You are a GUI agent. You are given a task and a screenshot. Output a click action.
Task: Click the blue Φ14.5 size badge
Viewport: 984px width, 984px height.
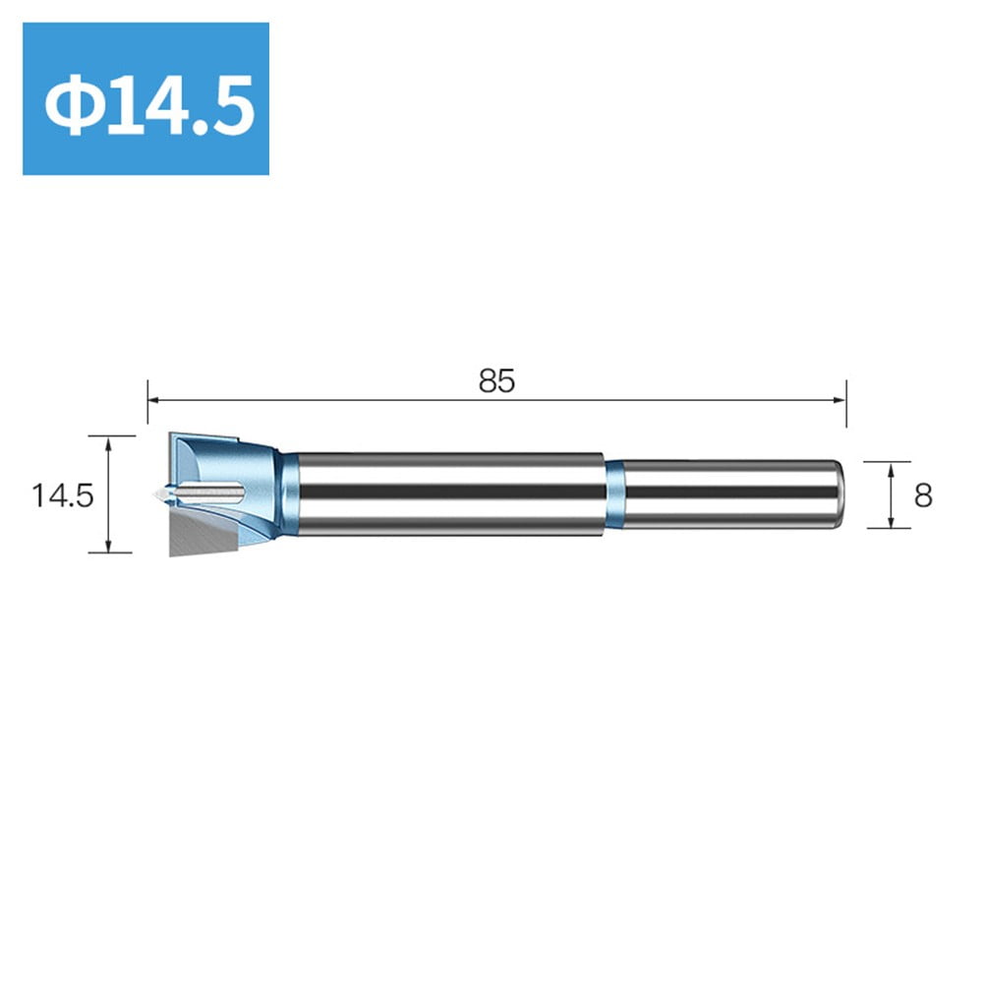click(145, 98)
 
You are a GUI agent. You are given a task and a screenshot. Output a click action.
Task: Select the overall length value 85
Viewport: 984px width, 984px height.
click(496, 381)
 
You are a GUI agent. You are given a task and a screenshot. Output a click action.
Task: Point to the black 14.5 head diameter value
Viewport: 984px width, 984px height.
click(61, 495)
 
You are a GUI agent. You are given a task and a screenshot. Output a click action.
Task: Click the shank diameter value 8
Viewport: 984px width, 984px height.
click(922, 495)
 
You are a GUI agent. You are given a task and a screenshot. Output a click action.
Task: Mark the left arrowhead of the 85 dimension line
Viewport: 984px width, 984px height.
click(153, 398)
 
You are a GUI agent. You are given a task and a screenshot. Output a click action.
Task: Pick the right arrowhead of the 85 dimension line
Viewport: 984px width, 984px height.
click(839, 398)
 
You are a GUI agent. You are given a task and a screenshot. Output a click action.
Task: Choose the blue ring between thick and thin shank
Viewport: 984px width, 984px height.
click(614, 494)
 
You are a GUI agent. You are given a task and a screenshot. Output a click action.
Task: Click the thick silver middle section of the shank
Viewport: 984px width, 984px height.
click(447, 494)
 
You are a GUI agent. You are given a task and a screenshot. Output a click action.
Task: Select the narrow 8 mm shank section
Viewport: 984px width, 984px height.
click(727, 494)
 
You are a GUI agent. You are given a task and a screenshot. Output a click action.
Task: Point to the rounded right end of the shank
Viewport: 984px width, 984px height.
click(837, 494)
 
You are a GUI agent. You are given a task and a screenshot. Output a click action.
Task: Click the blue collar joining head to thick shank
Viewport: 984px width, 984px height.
click(288, 494)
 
